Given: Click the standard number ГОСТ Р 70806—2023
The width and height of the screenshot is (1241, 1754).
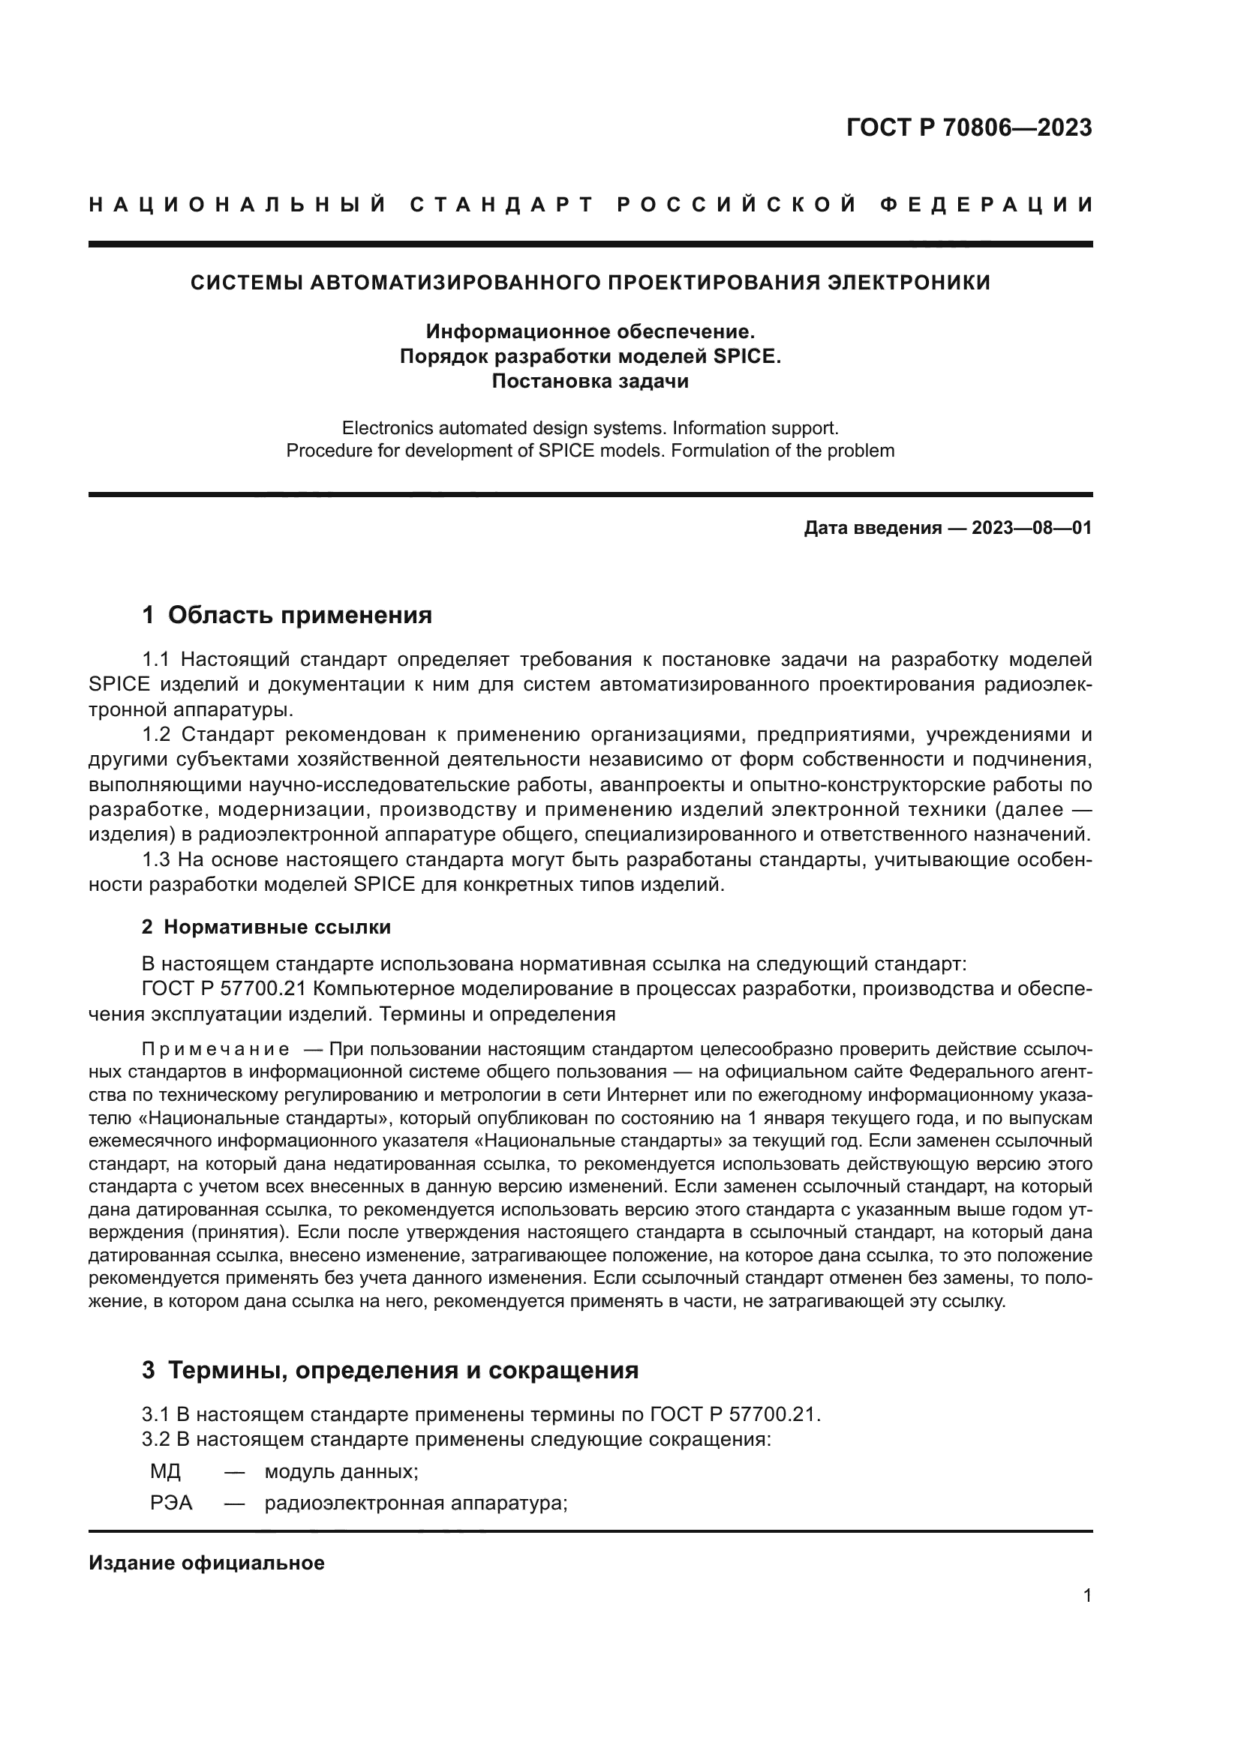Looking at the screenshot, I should click(x=969, y=127).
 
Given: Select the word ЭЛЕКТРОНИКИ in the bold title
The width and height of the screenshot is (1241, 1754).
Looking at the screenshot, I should click(x=909, y=283).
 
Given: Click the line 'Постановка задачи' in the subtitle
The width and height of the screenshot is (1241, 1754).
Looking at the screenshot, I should click(x=590, y=380).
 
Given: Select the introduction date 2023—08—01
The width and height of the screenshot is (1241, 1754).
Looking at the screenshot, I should click(x=1032, y=528).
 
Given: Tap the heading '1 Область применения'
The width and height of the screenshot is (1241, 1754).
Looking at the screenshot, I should click(x=287, y=614).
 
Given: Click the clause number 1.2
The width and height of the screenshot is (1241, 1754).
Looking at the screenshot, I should click(x=158, y=735).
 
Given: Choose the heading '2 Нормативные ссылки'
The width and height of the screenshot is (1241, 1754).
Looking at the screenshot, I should click(x=266, y=928).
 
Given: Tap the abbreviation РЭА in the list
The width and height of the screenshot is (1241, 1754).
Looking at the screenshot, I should click(x=171, y=1504).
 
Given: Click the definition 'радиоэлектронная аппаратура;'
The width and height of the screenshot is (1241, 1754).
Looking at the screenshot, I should click(x=416, y=1504).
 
